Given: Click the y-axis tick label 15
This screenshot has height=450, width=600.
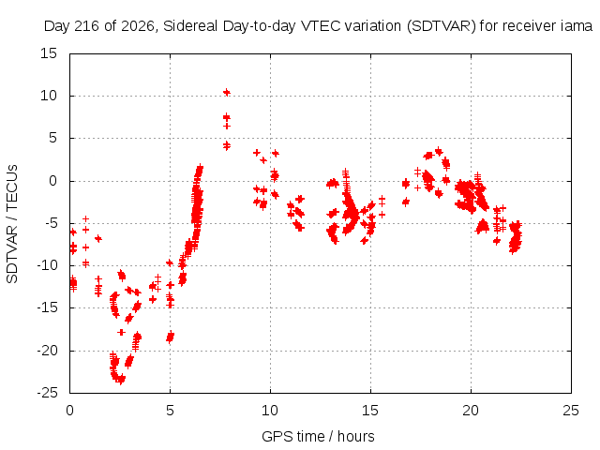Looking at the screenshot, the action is (x=49, y=53).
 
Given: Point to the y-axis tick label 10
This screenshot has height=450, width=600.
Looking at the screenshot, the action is (x=49, y=96).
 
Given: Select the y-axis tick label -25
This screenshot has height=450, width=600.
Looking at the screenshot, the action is (x=47, y=393).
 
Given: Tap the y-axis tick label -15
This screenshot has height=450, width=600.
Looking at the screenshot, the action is (x=47, y=307).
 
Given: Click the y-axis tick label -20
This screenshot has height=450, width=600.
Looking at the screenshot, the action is (x=47, y=351).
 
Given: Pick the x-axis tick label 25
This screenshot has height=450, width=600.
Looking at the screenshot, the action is (x=571, y=411).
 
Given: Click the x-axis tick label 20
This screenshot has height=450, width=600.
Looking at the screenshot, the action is (x=471, y=411).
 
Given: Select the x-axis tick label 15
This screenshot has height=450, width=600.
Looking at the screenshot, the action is (x=370, y=411).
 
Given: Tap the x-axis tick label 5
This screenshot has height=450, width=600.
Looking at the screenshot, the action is (x=170, y=411).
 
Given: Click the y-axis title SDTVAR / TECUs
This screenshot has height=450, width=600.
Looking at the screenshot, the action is (x=12, y=224).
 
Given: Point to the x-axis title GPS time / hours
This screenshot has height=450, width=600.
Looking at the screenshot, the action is (x=318, y=436).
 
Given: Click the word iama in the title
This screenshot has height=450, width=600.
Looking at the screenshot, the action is (x=577, y=26).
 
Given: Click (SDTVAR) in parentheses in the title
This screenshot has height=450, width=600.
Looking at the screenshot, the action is (x=442, y=26).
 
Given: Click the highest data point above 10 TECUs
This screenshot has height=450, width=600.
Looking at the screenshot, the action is (x=227, y=92).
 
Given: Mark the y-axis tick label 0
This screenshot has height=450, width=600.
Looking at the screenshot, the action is (x=52, y=181).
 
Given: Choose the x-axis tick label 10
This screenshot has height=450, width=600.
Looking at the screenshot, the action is (x=270, y=411).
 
